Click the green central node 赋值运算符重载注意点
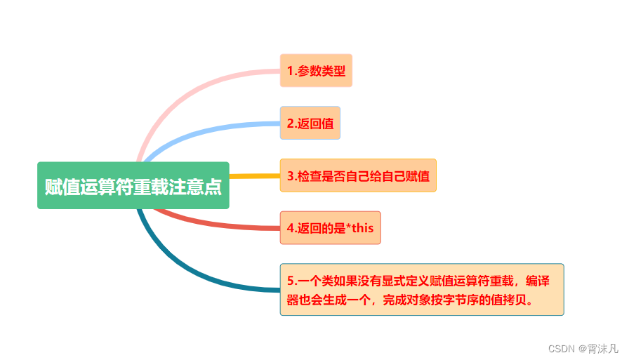pyautogui.click(x=133, y=186)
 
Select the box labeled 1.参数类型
pyautogui.click(x=316, y=71)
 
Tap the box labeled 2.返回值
pyautogui.click(x=310, y=124)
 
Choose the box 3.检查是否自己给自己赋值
pyautogui.click(x=358, y=175)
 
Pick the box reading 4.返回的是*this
pyautogui.click(x=330, y=228)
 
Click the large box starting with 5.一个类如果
pyautogui.click(x=421, y=290)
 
